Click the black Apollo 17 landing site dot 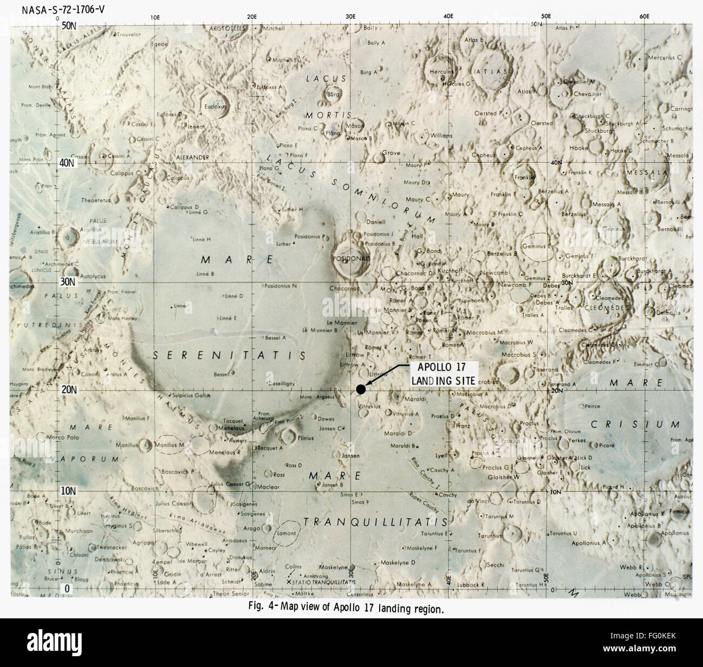361,389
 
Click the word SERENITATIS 228,355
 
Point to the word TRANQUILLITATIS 375,522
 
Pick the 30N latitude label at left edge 70,282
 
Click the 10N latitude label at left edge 70,491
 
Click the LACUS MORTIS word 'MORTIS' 328,115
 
